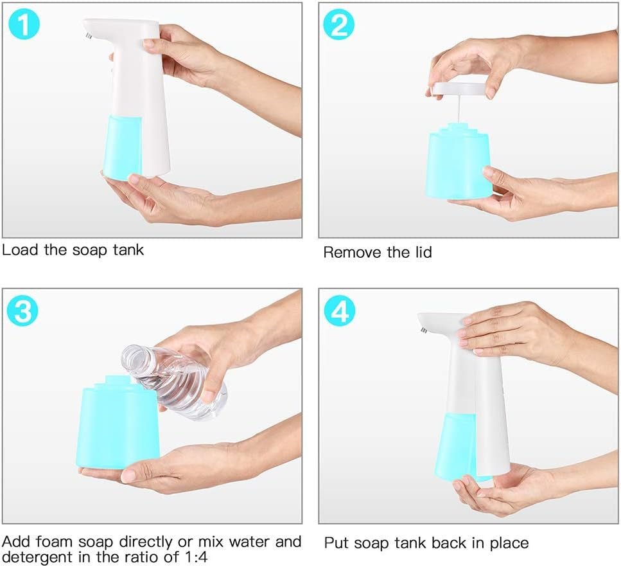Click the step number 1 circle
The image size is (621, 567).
pos(24,24)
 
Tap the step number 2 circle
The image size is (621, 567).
pos(338,24)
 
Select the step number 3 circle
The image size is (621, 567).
pos(22,310)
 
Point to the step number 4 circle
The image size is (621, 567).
pos(340,310)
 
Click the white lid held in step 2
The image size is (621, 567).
pos(459,89)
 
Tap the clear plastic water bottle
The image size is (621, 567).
pos(174,382)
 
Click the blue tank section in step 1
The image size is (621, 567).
pos(122,147)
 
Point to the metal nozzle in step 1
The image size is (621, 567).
pos(89,36)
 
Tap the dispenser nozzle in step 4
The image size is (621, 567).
pos(423,329)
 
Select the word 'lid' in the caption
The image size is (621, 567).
pos(423,252)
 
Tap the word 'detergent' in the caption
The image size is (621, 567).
pos(38,557)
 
